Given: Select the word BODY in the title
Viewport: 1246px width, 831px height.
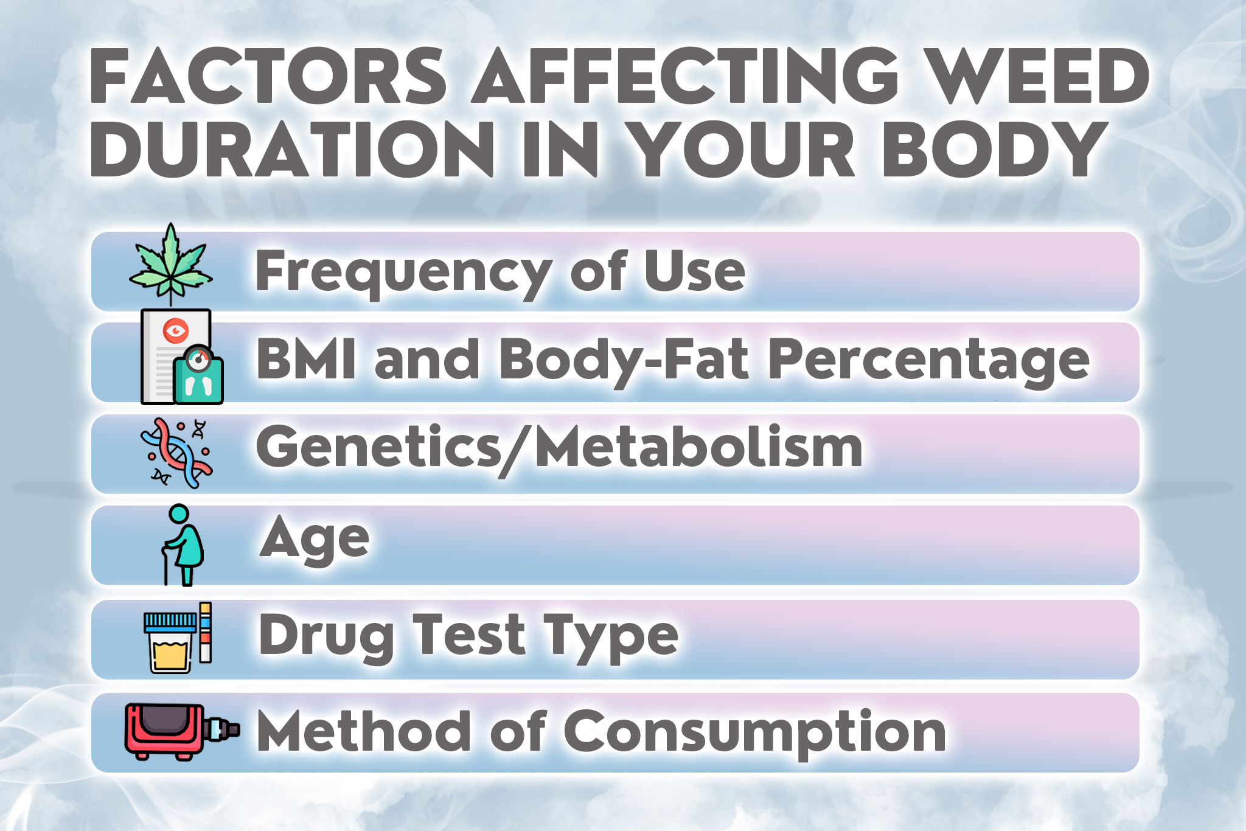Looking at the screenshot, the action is pos(994,150).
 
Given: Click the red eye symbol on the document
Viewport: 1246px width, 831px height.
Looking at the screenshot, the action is pos(176,330).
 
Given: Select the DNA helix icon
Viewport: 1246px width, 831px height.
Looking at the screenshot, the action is pos(176,453).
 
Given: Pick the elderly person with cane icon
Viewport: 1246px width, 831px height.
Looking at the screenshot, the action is pos(183,545).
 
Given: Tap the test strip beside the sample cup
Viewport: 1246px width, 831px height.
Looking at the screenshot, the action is pos(206,632).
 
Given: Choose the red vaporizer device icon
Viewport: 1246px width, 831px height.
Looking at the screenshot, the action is pos(182,732).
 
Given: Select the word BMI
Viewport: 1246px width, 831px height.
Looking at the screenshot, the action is pos(306,359).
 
